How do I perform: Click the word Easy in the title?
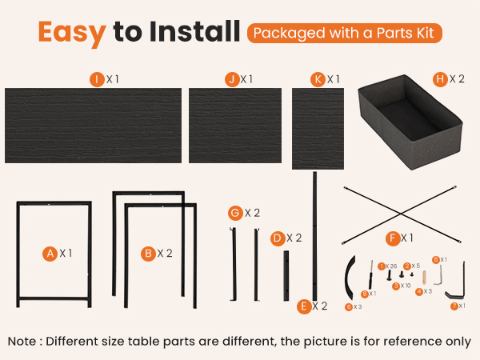[71, 33]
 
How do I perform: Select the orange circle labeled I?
[98, 78]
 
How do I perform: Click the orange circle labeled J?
[231, 78]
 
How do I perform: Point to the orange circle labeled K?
[318, 78]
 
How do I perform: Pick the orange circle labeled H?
[439, 78]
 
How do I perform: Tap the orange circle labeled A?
[50, 253]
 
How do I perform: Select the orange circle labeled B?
[148, 253]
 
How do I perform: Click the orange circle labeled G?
[234, 213]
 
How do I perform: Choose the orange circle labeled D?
[277, 238]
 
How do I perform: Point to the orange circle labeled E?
[303, 306]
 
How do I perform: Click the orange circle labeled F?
[392, 238]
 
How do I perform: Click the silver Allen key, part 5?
[438, 274]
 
